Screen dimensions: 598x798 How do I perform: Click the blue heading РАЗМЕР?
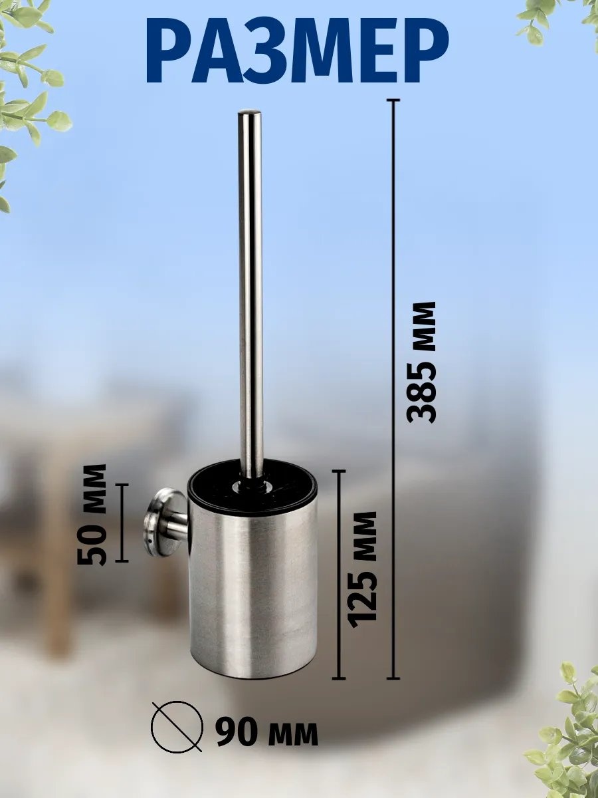(298, 54)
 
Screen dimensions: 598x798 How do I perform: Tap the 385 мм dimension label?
(421, 362)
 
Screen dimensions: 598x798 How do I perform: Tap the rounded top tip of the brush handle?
(250, 113)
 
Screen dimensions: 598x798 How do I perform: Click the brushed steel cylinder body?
(253, 593)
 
